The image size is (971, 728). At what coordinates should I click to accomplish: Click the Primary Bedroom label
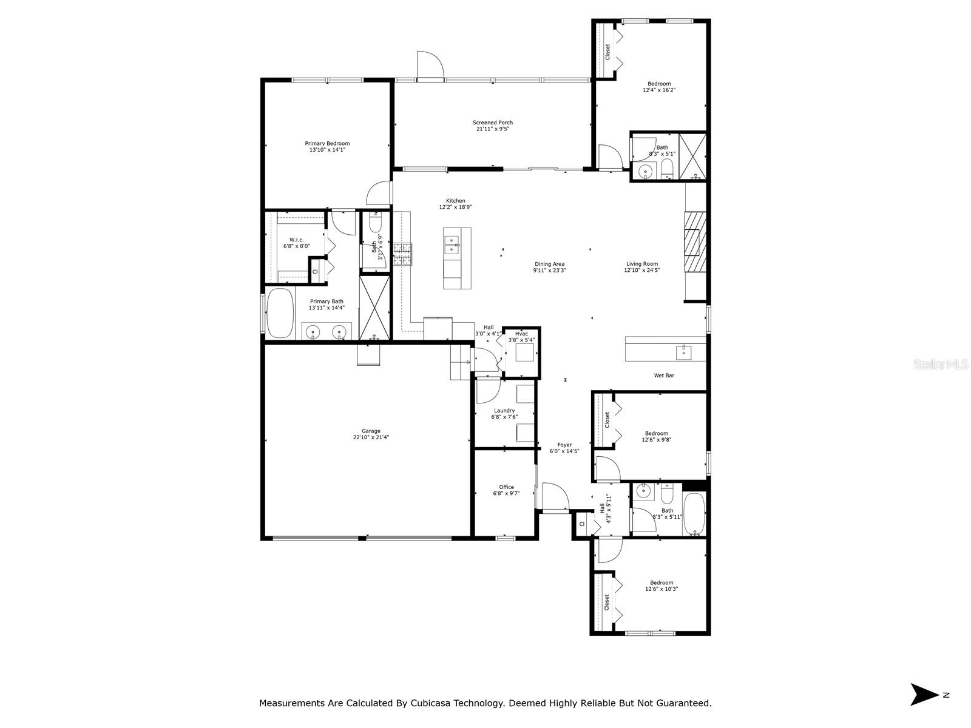tap(327, 143)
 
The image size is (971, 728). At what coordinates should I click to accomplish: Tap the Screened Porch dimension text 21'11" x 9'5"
tap(492, 129)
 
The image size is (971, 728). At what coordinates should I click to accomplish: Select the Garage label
tap(371, 431)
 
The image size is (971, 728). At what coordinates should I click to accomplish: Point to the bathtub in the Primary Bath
tap(280, 313)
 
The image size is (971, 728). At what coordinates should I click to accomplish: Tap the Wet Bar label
tap(664, 376)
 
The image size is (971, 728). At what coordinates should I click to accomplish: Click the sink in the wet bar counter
tap(683, 352)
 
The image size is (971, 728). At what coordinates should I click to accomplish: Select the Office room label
tap(507, 487)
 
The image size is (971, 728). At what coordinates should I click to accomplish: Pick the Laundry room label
tap(504, 411)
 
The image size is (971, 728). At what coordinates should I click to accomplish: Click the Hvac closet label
tap(521, 334)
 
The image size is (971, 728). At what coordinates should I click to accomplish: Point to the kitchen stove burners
tap(402, 254)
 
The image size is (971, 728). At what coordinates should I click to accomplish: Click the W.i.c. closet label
tap(296, 240)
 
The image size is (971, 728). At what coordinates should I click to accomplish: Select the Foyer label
tap(564, 445)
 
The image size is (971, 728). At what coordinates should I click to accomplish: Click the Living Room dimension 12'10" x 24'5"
tap(642, 270)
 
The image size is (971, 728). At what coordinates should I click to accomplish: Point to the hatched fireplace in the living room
tap(695, 242)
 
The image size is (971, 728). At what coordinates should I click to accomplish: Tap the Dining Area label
tap(549, 264)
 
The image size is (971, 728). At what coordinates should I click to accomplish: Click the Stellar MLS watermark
tap(941, 364)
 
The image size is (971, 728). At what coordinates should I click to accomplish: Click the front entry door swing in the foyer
tap(555, 496)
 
